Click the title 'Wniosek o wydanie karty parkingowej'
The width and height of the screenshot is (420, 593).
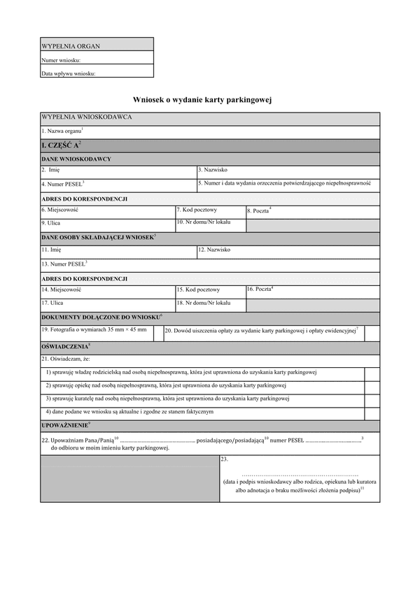tap(202, 100)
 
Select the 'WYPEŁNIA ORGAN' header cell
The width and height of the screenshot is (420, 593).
tap(71, 46)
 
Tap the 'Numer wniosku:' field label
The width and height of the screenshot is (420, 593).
tap(61, 60)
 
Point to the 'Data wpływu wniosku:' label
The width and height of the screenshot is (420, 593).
tap(68, 73)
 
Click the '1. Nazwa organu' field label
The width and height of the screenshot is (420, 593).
tap(62, 131)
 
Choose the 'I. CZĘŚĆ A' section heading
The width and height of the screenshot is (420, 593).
tap(62, 145)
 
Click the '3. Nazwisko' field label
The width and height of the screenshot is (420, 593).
tap(213, 170)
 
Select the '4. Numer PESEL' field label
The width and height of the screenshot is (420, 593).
tap(62, 184)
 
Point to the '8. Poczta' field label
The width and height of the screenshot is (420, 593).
tap(259, 210)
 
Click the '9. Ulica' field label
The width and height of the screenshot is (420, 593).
tap(51, 223)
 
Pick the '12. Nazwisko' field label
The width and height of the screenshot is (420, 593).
tap(214, 250)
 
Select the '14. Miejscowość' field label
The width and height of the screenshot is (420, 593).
tap(62, 289)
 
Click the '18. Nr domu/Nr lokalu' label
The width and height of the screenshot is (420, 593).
tap(203, 303)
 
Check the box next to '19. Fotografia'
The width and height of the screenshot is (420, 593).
tap(158, 334)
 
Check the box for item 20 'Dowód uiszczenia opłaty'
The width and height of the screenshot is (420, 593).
tap(372, 334)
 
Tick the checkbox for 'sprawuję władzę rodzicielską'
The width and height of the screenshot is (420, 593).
tap(372, 373)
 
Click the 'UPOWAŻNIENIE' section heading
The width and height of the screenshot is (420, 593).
tap(66, 425)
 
